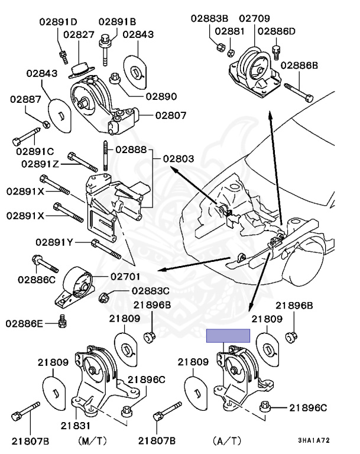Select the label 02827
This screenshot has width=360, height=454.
[x=79, y=35]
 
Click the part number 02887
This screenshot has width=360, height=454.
[x=25, y=100]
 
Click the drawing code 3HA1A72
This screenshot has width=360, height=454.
[x=314, y=441]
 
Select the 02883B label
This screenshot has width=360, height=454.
[x=210, y=18]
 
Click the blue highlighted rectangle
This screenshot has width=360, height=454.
[x=228, y=336]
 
